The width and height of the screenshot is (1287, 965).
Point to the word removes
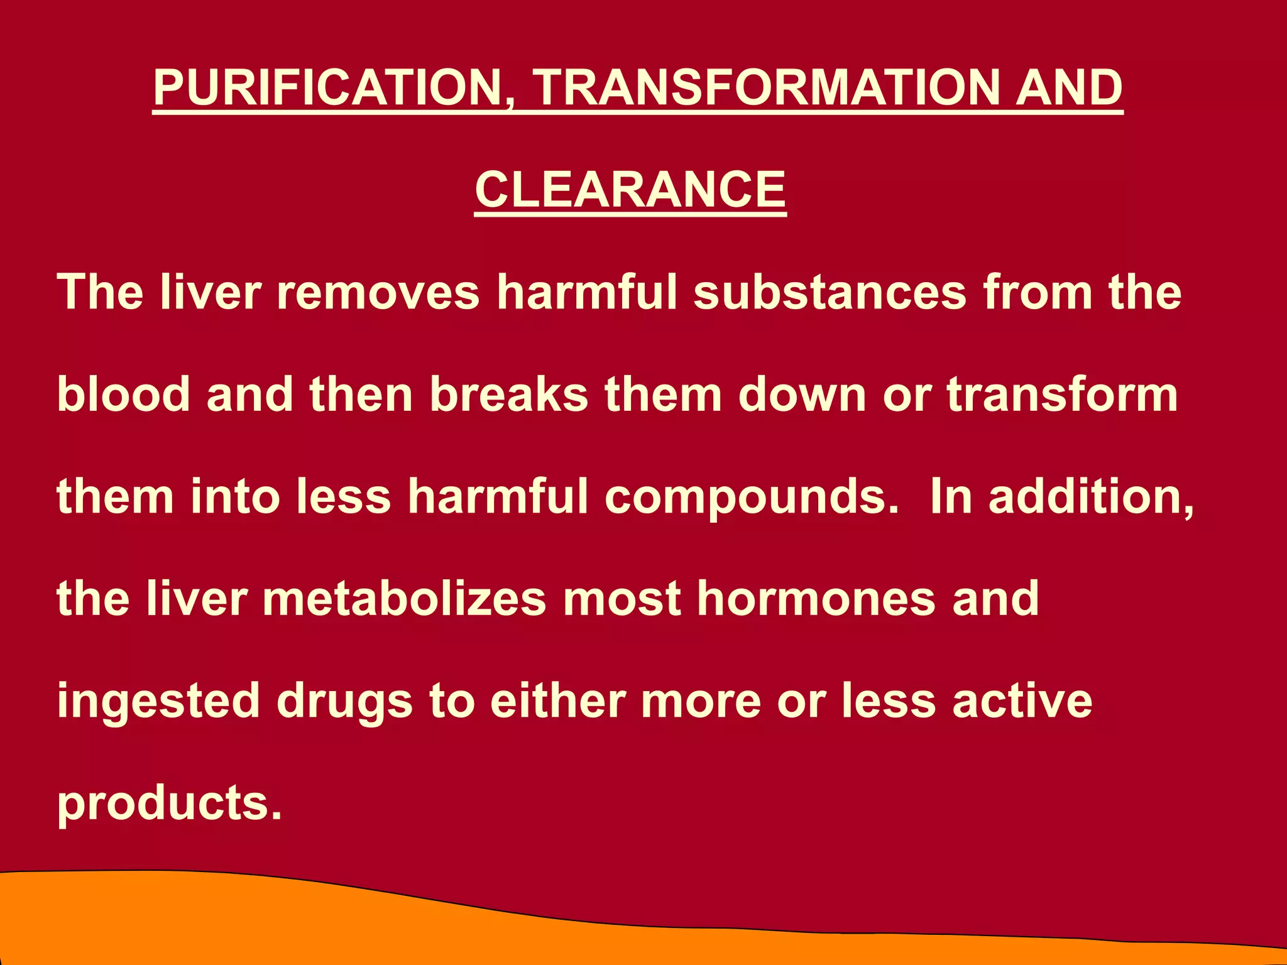click(378, 292)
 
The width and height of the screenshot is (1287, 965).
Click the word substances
click(830, 292)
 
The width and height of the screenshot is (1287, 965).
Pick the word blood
click(124, 395)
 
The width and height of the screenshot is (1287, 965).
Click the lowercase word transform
click(1062, 395)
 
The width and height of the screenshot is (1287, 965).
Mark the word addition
click(1091, 496)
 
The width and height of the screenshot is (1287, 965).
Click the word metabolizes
click(405, 599)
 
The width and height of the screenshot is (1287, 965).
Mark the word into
click(235, 496)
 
